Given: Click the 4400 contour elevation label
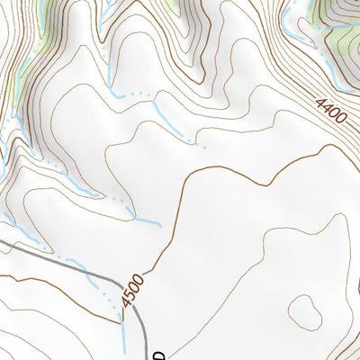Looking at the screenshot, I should tap(332, 113).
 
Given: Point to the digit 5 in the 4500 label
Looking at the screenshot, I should tap(132, 301).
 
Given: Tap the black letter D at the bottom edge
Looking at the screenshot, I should tap(158, 354).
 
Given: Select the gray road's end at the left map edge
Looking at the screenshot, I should tap(2, 240).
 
